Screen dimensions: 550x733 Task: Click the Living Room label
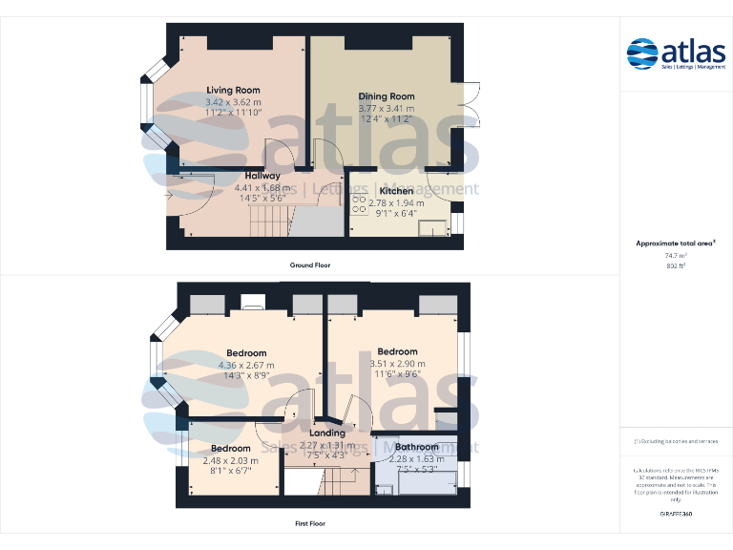pos(233,90)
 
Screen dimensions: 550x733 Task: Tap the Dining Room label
pos(386,96)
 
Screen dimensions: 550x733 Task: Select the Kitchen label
pos(396,191)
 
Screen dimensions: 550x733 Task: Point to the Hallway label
pos(262,176)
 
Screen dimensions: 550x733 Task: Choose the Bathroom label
pos(417,447)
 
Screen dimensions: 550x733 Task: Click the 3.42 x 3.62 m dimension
pos(233,101)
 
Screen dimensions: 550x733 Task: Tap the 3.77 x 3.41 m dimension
pos(386,108)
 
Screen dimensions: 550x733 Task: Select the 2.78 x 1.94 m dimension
pos(396,202)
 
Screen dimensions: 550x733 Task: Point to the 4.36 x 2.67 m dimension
pos(246,365)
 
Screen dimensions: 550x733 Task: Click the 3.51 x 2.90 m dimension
pos(397,364)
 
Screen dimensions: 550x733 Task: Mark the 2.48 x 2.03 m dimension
pos(230,459)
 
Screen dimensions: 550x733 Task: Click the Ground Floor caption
pos(310,264)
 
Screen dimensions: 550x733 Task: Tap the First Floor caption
pos(310,523)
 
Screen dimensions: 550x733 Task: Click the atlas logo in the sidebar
pos(676,53)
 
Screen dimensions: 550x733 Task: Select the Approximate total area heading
pos(675,243)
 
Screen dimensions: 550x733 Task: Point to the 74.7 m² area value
pos(675,255)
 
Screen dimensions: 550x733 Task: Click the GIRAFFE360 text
pos(675,514)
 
